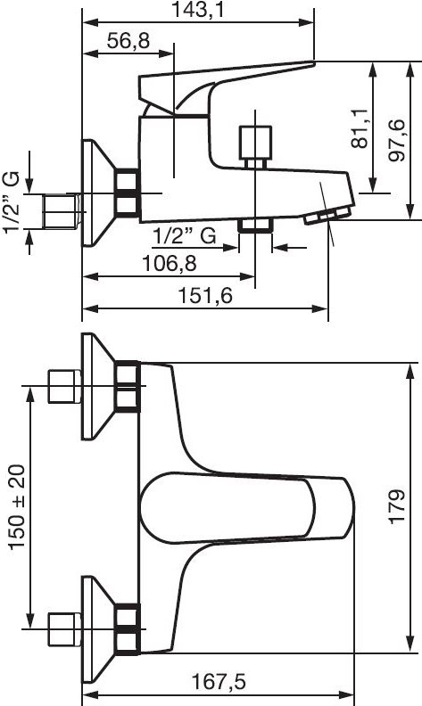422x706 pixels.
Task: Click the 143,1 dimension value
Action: tap(197, 10)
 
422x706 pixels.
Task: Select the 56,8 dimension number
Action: tap(128, 41)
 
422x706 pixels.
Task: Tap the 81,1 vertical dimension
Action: tap(360, 128)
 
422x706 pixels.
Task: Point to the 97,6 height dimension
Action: tap(397, 142)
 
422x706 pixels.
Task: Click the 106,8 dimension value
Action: tap(170, 263)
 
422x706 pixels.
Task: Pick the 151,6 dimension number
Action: tap(205, 296)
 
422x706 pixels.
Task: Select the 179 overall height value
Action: tap(398, 506)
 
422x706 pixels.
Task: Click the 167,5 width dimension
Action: tap(219, 682)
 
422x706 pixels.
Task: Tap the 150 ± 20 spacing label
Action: tap(17, 506)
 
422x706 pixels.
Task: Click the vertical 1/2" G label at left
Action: tap(12, 202)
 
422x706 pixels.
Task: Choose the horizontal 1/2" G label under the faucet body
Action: tap(185, 235)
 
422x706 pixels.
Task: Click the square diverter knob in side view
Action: tap(256, 143)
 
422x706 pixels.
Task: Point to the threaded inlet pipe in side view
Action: tap(62, 210)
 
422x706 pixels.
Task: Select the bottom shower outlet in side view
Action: tap(255, 226)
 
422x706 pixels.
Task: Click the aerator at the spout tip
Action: tap(327, 215)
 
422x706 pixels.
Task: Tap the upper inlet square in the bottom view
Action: tap(64, 386)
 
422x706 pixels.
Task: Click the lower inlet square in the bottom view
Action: tap(64, 629)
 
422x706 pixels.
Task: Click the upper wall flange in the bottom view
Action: tap(98, 386)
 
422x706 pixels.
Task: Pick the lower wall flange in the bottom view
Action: tap(98, 629)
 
